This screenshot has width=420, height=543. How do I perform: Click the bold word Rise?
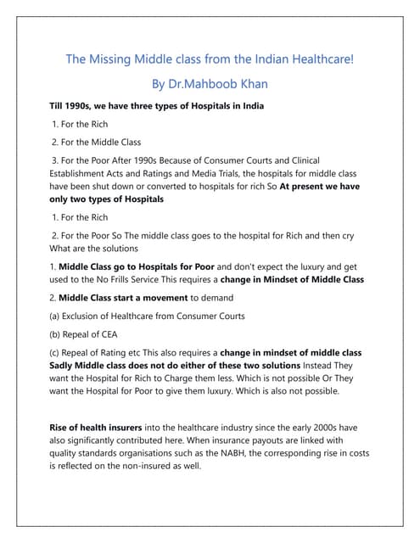point(60,428)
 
